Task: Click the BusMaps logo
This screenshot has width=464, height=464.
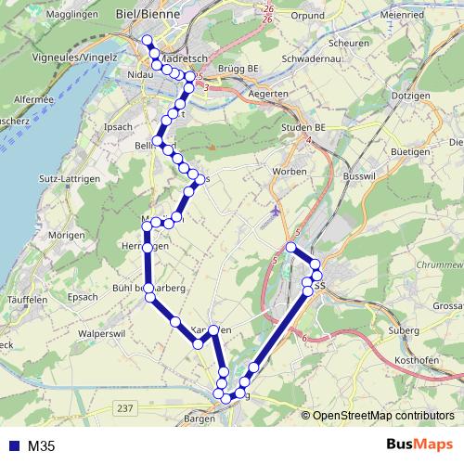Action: [421, 445]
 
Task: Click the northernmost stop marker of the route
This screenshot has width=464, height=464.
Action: [146, 39]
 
